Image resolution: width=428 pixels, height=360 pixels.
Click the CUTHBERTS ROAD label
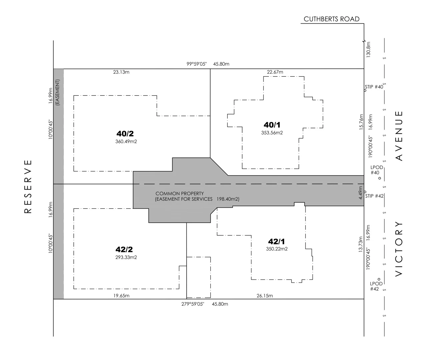coord(331,19)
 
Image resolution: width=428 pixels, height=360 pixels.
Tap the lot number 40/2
coord(125,134)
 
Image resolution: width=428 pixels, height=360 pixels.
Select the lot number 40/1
coord(272,125)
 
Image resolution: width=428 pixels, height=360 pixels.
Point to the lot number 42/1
coord(277,241)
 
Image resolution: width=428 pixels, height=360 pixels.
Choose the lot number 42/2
coord(124,249)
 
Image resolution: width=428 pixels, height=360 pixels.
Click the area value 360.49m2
coord(126,141)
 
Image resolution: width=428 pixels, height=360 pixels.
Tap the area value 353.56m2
coord(272,133)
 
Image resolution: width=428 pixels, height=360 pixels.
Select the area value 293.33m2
coord(126,257)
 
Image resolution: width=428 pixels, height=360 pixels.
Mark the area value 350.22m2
coord(277,249)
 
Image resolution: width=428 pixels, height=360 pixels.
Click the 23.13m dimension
coord(121,72)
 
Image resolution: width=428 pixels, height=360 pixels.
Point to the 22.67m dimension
coord(275,72)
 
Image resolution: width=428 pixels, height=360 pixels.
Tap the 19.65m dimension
coord(121,296)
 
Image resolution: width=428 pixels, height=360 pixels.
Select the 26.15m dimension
coord(265,296)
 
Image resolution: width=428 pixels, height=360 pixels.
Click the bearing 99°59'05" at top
coord(196,64)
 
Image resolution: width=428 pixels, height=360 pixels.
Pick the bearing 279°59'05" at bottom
coord(192,304)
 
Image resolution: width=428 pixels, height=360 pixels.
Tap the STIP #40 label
coord(374,87)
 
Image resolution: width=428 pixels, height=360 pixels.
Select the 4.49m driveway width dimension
coord(360,195)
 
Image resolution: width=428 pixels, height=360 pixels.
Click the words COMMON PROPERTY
coord(179,194)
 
